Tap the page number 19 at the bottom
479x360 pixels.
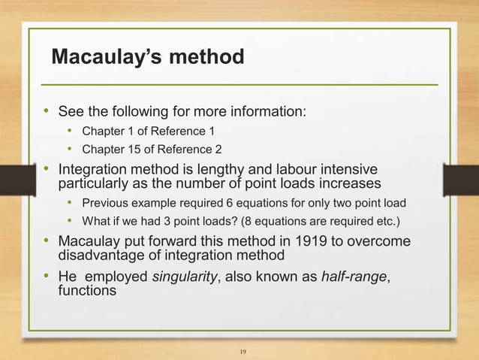click(x=242, y=351)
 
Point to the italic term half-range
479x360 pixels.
click(x=354, y=277)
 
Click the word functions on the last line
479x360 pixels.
click(x=87, y=291)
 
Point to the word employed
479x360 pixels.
click(x=116, y=277)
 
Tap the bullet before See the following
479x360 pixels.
click(x=45, y=112)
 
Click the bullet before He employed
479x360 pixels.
click(x=45, y=277)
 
